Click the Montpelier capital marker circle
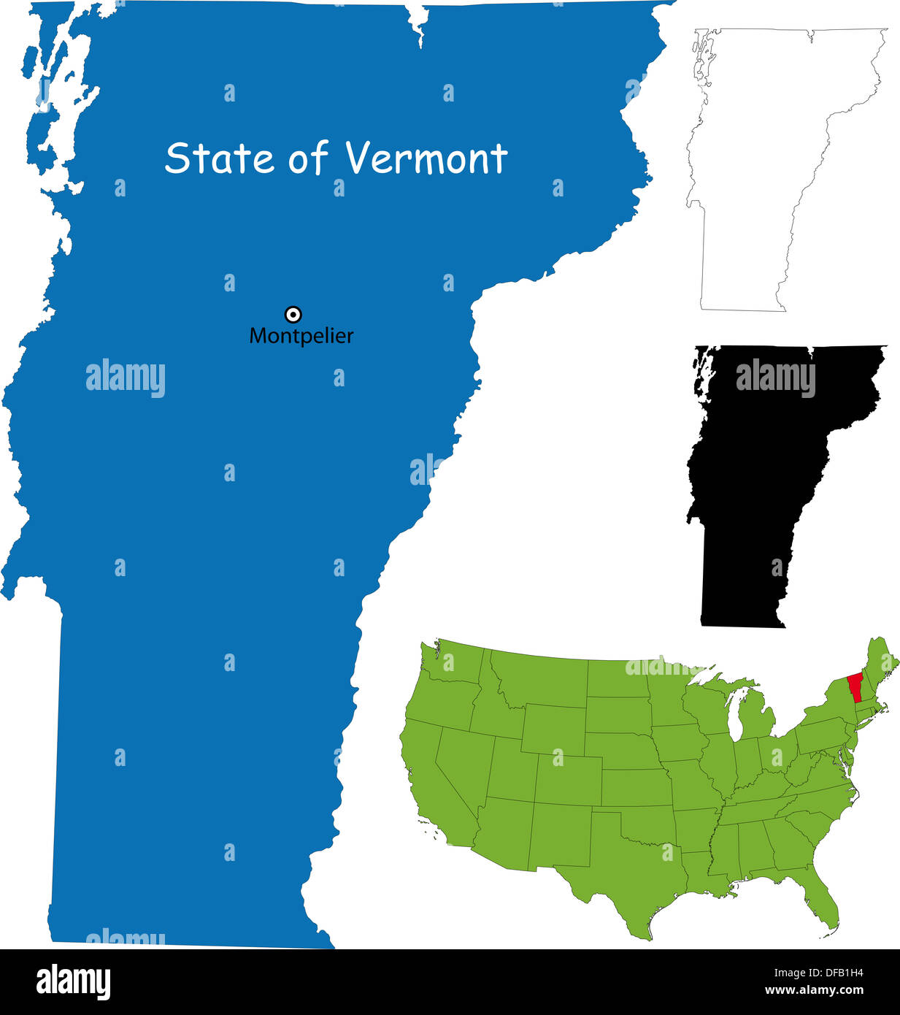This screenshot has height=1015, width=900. [293, 315]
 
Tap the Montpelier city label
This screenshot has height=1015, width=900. [301, 336]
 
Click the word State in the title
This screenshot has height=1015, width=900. [219, 158]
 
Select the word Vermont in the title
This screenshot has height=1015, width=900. [426, 158]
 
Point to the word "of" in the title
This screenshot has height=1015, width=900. [307, 158]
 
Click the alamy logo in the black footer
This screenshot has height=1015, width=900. [73, 981]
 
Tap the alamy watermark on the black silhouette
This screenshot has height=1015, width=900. [774, 378]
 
